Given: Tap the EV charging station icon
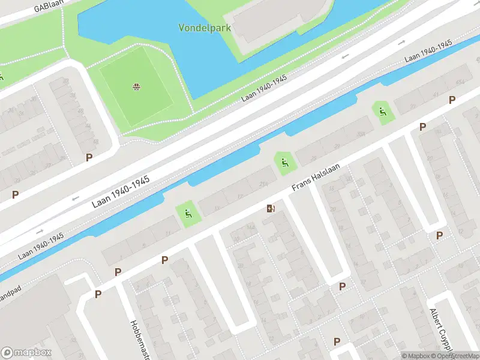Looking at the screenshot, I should click(x=271, y=209).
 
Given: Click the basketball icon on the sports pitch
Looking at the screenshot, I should click(x=137, y=88).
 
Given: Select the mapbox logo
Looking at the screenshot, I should click(x=26, y=353).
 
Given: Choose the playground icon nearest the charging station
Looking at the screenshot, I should click(x=283, y=162).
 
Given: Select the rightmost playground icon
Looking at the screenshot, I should click(x=382, y=111).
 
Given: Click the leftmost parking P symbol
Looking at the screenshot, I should click(x=16, y=194).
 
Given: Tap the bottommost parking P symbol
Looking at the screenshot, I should click(x=337, y=341).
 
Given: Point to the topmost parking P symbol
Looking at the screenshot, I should click(x=452, y=100).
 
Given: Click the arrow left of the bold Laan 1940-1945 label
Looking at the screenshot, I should click(x=76, y=199).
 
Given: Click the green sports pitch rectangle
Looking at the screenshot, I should click(x=137, y=88).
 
